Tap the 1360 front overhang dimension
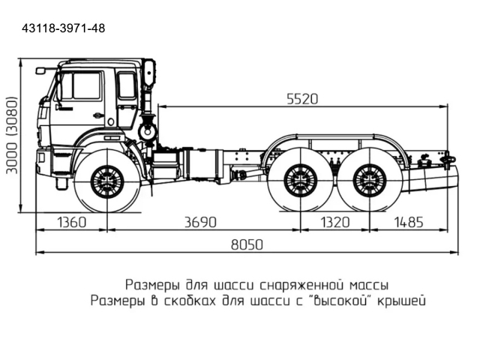[71, 222]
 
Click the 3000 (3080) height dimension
[12, 135]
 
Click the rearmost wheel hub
[368, 181]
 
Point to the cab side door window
[85, 86]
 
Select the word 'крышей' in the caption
[399, 301]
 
